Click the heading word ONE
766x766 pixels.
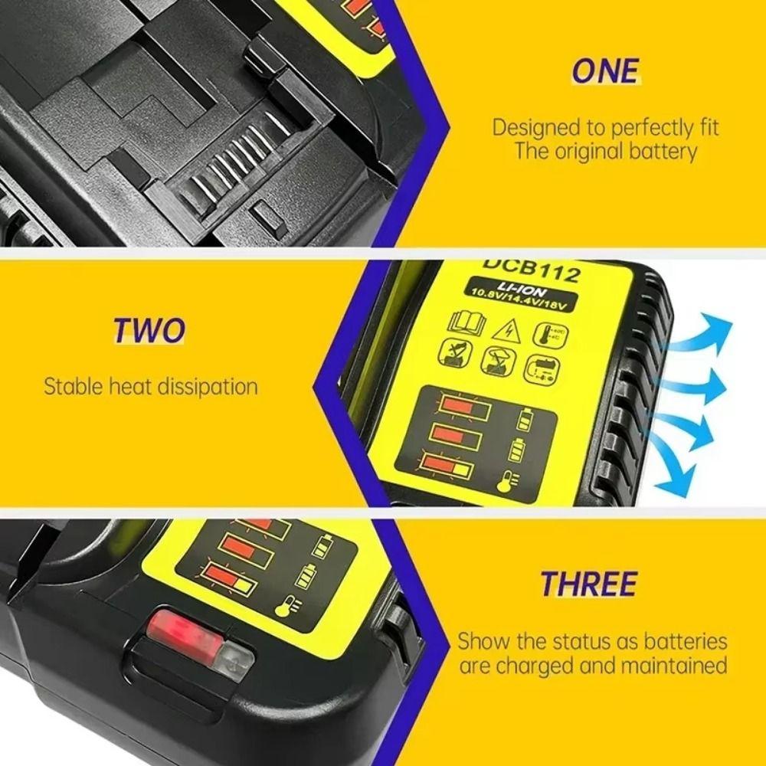[604, 70]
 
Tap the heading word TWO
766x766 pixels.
[149, 330]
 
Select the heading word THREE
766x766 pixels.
[588, 584]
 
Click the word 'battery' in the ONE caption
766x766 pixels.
[660, 151]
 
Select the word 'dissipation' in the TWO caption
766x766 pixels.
[207, 385]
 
